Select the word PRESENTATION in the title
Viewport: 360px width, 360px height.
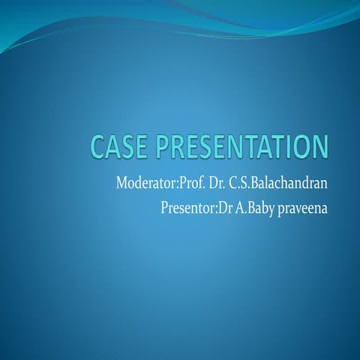click(243, 147)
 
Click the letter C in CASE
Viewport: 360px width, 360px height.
click(98, 147)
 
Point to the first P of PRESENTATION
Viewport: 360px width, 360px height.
click(165, 147)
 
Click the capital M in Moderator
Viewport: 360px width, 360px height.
click(122, 182)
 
